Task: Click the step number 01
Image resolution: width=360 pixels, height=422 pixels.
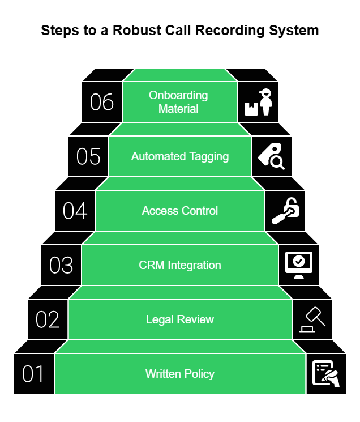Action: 34,374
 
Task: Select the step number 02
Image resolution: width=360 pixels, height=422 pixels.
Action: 48,319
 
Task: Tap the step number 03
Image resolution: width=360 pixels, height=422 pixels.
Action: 61,265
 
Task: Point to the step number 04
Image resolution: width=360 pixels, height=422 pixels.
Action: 75,211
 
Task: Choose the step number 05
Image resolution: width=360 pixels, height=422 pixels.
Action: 88,156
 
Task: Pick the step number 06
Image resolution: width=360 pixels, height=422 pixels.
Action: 102,103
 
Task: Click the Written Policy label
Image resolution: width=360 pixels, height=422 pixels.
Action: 180,374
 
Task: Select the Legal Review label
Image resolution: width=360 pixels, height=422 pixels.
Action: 180,319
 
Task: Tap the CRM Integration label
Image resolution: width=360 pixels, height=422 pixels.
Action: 180,265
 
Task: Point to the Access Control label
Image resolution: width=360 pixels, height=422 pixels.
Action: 180,211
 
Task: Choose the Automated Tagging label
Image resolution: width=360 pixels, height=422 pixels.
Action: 180,156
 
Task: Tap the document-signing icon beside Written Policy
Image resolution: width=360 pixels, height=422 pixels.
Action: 326,374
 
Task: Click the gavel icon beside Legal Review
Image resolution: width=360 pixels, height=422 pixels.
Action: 312,319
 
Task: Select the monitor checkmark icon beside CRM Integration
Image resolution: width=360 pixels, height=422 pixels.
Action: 299,265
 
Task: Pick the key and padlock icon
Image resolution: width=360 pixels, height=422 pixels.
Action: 285,211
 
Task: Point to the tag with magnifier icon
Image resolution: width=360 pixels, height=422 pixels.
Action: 272,156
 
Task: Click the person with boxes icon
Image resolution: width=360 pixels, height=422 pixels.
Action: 258,103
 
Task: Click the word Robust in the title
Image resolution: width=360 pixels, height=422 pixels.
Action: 135,31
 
